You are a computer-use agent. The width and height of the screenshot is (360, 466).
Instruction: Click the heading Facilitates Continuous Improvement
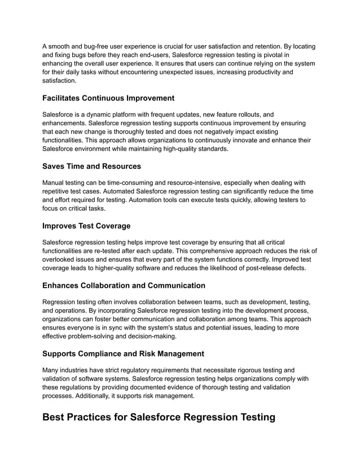pyautogui.click(x=108, y=98)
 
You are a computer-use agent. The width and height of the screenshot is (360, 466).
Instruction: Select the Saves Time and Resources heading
pyautogui.click(x=91, y=166)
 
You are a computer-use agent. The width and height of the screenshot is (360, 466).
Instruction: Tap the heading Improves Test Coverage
pyautogui.click(x=86, y=226)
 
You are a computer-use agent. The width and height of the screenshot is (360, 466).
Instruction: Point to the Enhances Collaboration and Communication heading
pyautogui.click(x=124, y=285)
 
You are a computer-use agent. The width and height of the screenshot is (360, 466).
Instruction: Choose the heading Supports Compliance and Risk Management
pyautogui.click(x=123, y=354)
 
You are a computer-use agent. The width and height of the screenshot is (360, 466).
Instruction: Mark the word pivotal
pyautogui.click(x=273, y=55)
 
